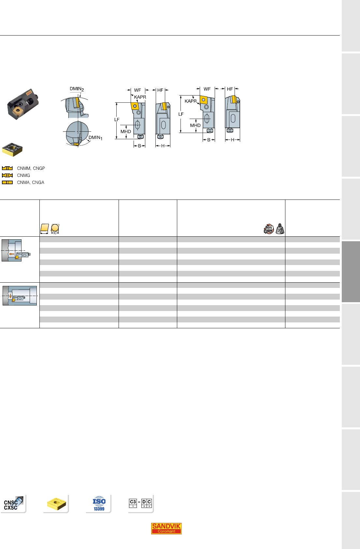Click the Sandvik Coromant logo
(x=166, y=528)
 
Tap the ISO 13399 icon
(x=99, y=504)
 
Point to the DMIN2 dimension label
(x=77, y=89)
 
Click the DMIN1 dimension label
(x=95, y=138)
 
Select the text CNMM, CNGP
(x=31, y=168)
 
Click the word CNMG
(x=23, y=175)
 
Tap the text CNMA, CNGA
(x=31, y=182)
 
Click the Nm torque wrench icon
(x=269, y=229)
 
